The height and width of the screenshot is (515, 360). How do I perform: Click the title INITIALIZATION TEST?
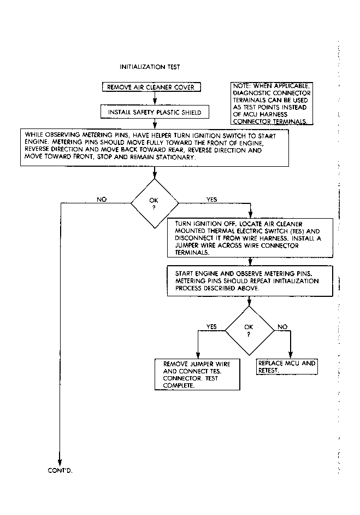click(x=150, y=67)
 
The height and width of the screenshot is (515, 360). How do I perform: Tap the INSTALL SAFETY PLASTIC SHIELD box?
click(x=155, y=112)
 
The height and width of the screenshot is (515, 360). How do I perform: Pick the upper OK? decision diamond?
click(x=154, y=203)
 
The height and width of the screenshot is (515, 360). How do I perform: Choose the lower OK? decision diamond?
click(x=249, y=330)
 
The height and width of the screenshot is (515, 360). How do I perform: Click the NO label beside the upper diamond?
click(x=102, y=200)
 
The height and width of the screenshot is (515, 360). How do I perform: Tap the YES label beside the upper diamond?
click(x=211, y=200)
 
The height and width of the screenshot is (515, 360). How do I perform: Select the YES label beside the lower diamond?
click(x=211, y=326)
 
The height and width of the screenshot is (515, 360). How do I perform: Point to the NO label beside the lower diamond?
click(x=282, y=326)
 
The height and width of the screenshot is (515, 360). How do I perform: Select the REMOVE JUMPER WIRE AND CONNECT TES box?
click(x=197, y=374)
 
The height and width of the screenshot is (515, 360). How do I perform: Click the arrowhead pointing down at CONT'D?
click(x=60, y=459)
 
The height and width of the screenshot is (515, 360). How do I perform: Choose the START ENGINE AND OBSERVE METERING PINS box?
click(x=250, y=280)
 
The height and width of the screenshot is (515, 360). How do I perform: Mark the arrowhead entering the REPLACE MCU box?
click(x=290, y=355)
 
